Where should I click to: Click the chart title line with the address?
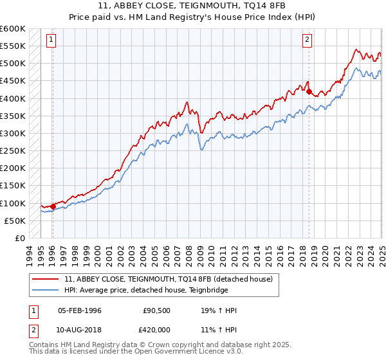(192, 6)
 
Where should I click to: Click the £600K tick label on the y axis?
(13, 29)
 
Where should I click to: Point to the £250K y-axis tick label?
(13, 151)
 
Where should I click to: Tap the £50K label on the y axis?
(15, 221)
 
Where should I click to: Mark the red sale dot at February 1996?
(53, 206)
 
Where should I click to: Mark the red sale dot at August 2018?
(309, 92)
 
